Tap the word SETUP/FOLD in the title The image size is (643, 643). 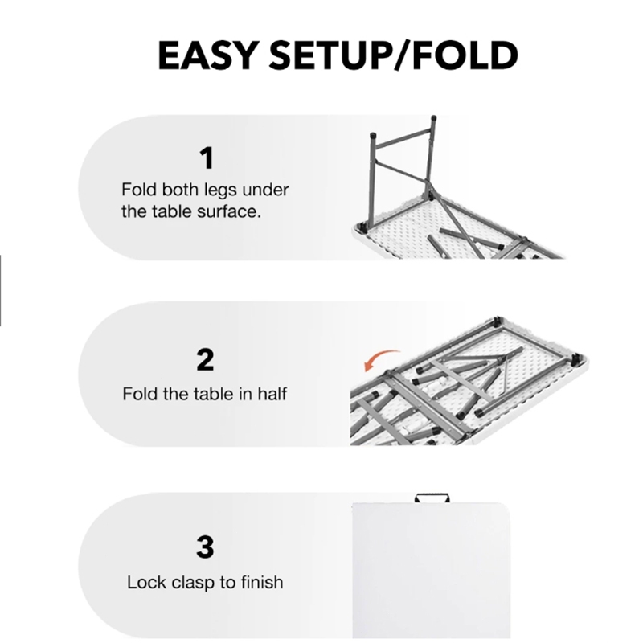click(394, 55)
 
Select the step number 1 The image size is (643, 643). click(207, 158)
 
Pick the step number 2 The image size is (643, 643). click(205, 359)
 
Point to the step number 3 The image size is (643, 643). click(205, 547)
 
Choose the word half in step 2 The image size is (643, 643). click(272, 394)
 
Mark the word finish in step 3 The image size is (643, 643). click(262, 582)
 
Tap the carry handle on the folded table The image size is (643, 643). click(432, 498)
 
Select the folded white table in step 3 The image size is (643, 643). click(432, 570)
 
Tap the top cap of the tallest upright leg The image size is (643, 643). click(434, 117)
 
